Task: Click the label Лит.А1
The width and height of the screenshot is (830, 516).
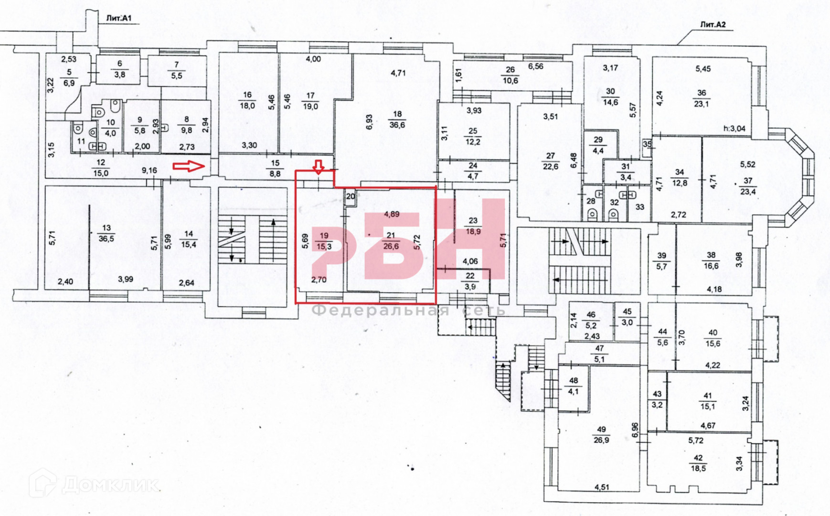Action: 118,19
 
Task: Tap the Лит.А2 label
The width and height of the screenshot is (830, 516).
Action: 713,25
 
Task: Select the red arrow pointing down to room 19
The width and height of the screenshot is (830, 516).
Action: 319,166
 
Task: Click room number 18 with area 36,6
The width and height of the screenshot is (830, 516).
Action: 397,114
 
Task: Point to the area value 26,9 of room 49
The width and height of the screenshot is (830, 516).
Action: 601,440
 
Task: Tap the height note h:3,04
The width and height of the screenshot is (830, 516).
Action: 734,128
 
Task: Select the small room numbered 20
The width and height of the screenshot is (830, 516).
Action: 351,196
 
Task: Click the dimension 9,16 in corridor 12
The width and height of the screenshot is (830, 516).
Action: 149,170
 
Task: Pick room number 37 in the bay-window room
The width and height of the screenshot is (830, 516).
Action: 747,181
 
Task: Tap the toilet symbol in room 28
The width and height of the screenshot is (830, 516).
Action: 592,214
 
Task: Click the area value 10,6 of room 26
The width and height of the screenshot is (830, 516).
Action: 510,80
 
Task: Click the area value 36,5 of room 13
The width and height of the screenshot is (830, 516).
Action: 106,238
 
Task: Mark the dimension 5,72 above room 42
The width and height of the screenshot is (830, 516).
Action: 696,440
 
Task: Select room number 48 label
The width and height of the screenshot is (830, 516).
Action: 574,381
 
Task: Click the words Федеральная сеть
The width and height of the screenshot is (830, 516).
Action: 409,310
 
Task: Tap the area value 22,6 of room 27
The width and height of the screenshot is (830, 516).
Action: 550,167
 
